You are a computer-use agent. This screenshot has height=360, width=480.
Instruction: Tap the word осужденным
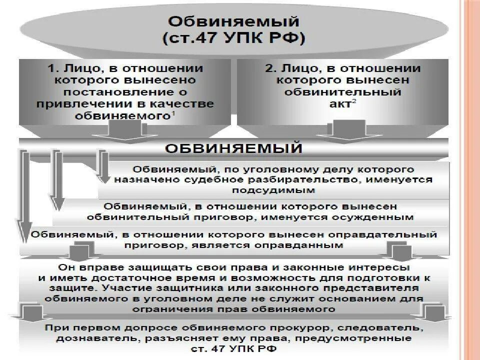(x=378, y=217)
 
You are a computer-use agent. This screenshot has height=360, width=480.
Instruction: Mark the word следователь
(x=379, y=327)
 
